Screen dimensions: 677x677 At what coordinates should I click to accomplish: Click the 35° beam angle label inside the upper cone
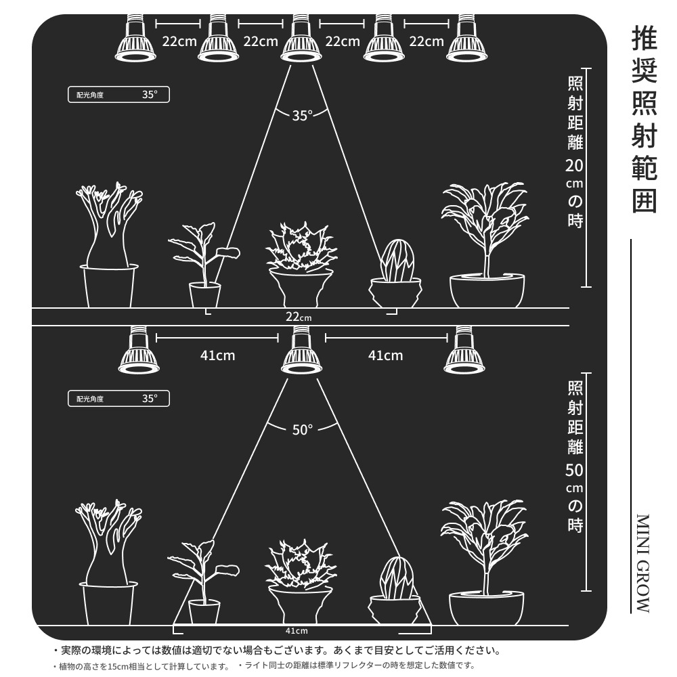[x=302, y=116]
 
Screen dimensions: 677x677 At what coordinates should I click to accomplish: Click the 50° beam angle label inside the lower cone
[x=302, y=430]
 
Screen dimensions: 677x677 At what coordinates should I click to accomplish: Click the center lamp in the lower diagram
[x=301, y=350]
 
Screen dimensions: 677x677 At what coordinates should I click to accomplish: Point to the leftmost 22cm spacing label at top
[x=179, y=41]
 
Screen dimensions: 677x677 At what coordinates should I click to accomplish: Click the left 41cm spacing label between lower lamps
[x=217, y=356]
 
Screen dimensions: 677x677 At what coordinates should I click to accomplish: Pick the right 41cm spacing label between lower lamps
[x=386, y=356]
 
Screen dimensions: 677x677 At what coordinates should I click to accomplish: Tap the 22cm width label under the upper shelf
[x=299, y=317]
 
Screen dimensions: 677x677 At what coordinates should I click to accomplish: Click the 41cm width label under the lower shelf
[x=297, y=631]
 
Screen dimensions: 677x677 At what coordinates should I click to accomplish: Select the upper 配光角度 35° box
[x=118, y=95]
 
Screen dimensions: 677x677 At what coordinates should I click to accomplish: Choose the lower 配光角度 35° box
[x=118, y=399]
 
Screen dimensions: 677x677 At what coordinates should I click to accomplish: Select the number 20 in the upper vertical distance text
[x=575, y=166]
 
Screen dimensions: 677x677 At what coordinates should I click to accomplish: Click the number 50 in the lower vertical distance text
[x=575, y=471]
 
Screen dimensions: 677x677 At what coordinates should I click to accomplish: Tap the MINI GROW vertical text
[x=643, y=563]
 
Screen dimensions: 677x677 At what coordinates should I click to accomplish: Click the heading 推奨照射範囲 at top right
[x=645, y=119]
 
